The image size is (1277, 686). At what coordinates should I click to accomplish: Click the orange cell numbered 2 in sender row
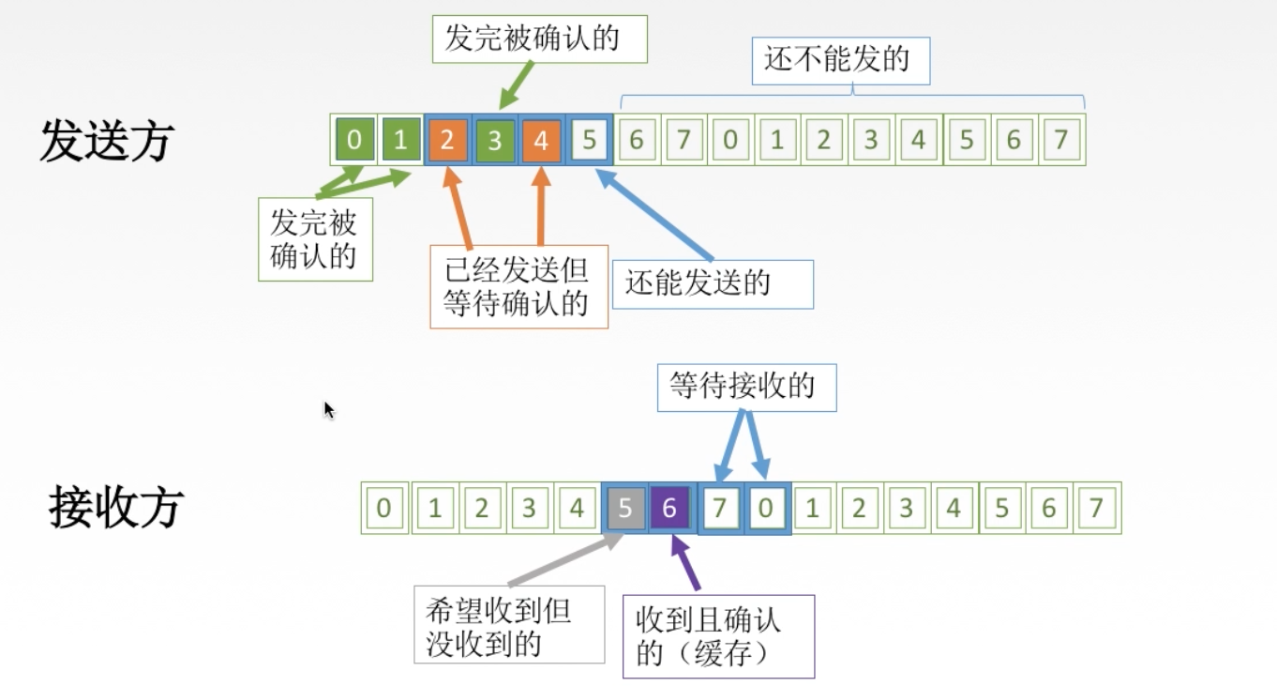[x=448, y=141]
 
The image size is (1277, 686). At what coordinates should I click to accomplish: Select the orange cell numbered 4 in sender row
[x=542, y=141]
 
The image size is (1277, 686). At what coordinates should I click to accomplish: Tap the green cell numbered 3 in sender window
[x=495, y=141]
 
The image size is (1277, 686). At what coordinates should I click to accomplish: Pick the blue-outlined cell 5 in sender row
[x=589, y=141]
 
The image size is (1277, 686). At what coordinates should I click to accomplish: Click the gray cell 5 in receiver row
[x=624, y=509]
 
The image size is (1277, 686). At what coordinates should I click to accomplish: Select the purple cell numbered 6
[x=669, y=509]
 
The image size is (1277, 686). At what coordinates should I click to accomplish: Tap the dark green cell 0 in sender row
[x=353, y=141]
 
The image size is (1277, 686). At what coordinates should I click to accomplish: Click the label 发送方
[x=106, y=143]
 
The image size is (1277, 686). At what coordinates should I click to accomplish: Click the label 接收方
[x=115, y=508]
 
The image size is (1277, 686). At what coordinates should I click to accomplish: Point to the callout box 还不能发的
[x=840, y=60]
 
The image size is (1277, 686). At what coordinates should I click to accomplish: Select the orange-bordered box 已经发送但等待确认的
[x=518, y=286]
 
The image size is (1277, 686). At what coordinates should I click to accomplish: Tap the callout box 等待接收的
[x=746, y=386]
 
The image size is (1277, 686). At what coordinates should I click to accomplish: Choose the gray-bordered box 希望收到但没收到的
[x=509, y=625]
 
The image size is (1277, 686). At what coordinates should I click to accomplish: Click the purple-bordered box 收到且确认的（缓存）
[x=718, y=636]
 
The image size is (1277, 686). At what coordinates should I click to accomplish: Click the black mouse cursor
[x=329, y=410]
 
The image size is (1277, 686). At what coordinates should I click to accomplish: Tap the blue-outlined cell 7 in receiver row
[x=720, y=509]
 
